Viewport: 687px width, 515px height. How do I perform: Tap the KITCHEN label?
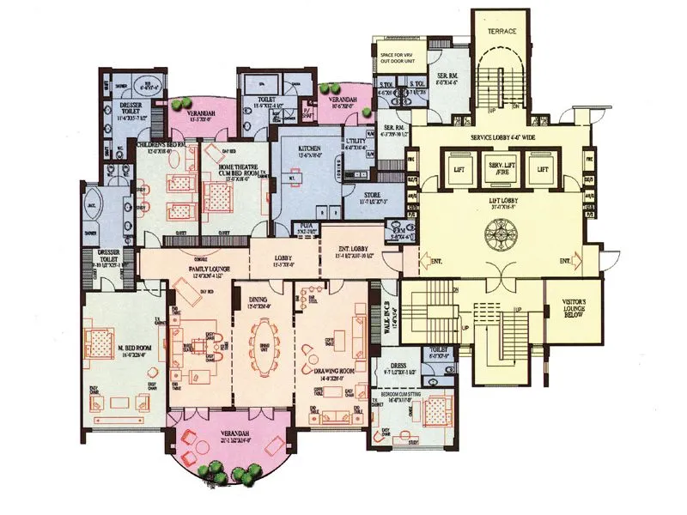tap(309, 148)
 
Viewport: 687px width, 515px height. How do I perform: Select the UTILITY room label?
tap(355, 143)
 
